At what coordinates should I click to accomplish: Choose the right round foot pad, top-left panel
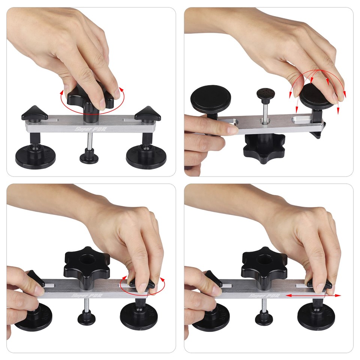tap(146, 157)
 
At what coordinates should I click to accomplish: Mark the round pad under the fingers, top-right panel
tap(317, 96)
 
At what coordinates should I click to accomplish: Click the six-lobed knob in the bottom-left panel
tap(87, 262)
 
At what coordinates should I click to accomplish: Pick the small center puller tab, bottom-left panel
tap(86, 318)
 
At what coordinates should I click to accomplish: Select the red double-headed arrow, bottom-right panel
tap(313, 295)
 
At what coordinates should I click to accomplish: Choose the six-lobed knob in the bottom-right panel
tap(264, 262)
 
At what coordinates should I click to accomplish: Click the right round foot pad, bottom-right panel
tap(316, 316)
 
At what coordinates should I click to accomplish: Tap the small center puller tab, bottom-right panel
tap(264, 318)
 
